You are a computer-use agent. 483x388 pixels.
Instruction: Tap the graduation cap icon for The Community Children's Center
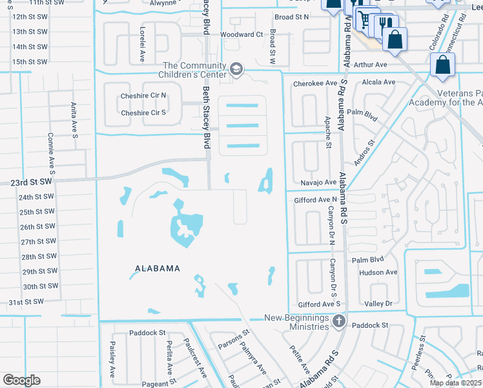pyautogui.click(x=236, y=69)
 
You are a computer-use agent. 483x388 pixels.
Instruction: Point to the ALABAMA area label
pyautogui.click(x=157, y=268)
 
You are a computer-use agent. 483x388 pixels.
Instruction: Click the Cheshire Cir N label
pyautogui.click(x=143, y=96)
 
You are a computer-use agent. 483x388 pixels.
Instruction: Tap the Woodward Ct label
pyautogui.click(x=242, y=34)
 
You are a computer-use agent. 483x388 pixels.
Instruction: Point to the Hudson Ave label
pyautogui.click(x=378, y=272)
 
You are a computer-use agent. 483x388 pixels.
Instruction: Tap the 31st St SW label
pyautogui.click(x=26, y=302)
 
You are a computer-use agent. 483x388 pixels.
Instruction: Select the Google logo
pyautogui.click(x=21, y=380)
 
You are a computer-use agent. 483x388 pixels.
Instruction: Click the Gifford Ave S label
pyautogui.click(x=319, y=304)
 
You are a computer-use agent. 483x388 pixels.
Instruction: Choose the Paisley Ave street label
pyautogui.click(x=112, y=359)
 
